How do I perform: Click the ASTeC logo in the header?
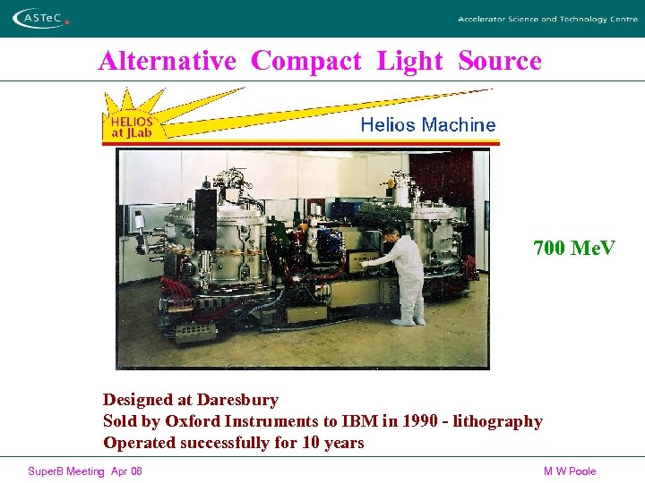pyautogui.click(x=42, y=18)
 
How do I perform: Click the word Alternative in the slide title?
pyautogui.click(x=167, y=61)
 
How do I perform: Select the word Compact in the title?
pyautogui.click(x=306, y=61)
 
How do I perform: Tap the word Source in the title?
pyautogui.click(x=500, y=61)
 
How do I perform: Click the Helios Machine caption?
pyautogui.click(x=427, y=125)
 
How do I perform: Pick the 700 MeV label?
pyautogui.click(x=574, y=248)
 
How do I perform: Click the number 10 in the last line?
pyautogui.click(x=309, y=443)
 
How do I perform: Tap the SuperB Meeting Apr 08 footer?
pyautogui.click(x=85, y=471)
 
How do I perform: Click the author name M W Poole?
pyautogui.click(x=570, y=471)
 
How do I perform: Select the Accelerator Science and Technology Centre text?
pyautogui.click(x=546, y=19)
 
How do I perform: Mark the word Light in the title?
pyautogui.click(x=409, y=61)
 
